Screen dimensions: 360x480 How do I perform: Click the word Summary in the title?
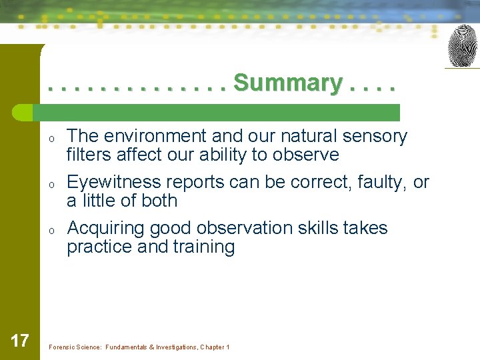(288, 83)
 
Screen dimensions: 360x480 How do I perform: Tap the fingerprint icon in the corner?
(462, 46)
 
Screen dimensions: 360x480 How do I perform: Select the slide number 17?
(20, 341)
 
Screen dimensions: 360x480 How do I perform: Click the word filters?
(89, 155)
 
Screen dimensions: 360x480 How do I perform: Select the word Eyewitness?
(114, 183)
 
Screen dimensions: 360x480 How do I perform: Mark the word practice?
(99, 247)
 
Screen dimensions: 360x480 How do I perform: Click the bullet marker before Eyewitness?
(51, 184)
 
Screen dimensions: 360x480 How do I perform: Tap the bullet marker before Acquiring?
(51, 230)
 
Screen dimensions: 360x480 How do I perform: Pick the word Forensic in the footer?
(61, 347)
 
